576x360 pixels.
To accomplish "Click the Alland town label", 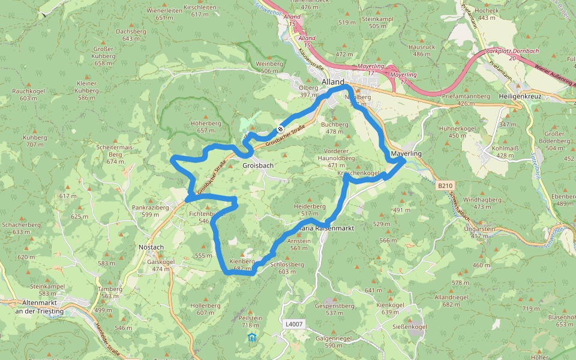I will coord(333,82).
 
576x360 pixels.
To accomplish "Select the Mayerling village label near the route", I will coord(406,154).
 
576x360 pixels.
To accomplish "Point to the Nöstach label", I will coord(151,247).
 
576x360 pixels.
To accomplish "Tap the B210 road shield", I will coord(445,186).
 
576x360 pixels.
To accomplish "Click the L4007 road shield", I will coord(294,324).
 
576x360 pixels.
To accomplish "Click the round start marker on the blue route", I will coord(280,129).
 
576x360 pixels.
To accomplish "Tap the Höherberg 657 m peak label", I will coord(206,127).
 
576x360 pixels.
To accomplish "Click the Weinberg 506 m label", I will coord(269,67).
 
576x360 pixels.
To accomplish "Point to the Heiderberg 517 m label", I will coord(310,209).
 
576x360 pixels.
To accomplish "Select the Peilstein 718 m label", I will coord(250,321).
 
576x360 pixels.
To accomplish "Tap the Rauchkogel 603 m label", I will coord(28,94).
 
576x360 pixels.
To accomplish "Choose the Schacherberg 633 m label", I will coord(21,228).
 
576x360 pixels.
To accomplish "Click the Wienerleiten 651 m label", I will coord(164,14).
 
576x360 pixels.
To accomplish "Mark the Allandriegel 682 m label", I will coord(455,301).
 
